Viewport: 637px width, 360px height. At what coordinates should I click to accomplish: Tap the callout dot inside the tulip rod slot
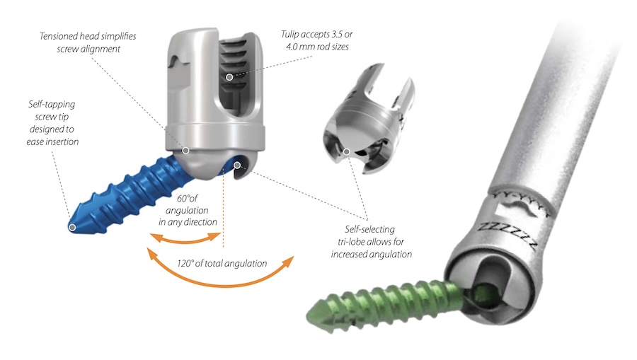[x=229, y=77]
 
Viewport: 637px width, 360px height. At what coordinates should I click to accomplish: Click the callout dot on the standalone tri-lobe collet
[x=347, y=152]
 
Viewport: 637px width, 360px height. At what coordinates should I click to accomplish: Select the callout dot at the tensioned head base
[x=185, y=151]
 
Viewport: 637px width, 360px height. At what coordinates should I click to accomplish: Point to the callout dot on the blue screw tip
[x=72, y=227]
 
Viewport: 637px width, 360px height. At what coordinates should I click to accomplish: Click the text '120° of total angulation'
[x=222, y=263]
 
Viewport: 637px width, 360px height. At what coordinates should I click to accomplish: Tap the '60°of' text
[x=188, y=198]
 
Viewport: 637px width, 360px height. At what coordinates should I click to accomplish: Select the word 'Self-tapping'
[x=52, y=104]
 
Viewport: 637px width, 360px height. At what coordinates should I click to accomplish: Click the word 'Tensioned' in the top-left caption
[x=59, y=36]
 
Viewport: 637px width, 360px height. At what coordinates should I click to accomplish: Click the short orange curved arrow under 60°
[x=185, y=241]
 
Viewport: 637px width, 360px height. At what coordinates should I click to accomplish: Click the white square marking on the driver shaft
[x=504, y=211]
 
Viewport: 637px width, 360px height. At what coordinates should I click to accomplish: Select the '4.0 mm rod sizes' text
[x=317, y=47]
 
